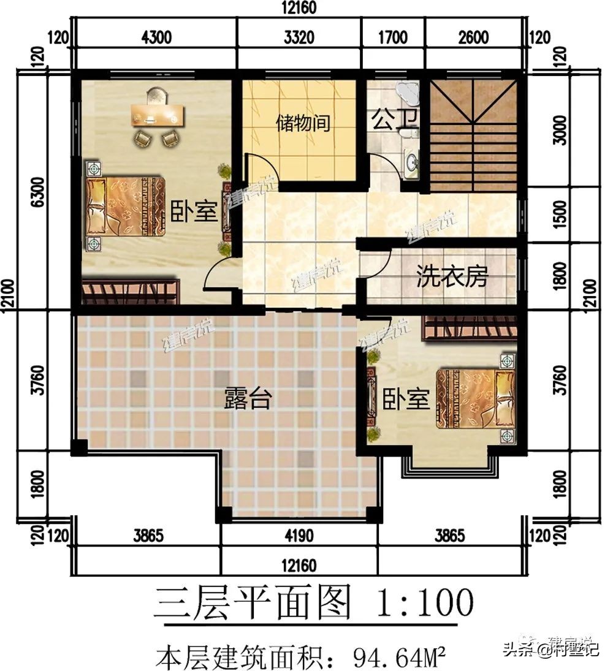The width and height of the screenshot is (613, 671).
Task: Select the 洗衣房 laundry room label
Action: pyautogui.click(x=452, y=276)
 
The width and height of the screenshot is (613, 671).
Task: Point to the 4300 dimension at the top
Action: pyautogui.click(x=156, y=37)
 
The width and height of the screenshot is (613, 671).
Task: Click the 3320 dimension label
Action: pyautogui.click(x=299, y=37)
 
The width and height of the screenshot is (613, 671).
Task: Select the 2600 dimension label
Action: pyautogui.click(x=473, y=37)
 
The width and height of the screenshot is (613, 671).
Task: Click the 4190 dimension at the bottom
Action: pyautogui.click(x=299, y=536)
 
